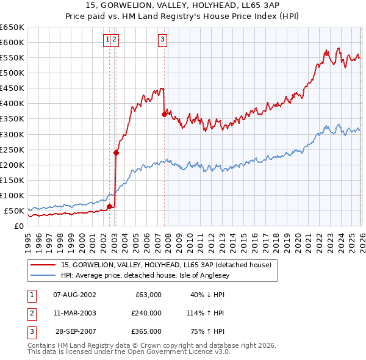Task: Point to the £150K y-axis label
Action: tap(12, 180)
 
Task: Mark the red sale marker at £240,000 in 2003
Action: tap(116, 153)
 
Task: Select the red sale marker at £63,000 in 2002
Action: tap(110, 206)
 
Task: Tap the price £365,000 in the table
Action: tap(146, 331)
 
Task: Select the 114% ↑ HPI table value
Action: tap(206, 313)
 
